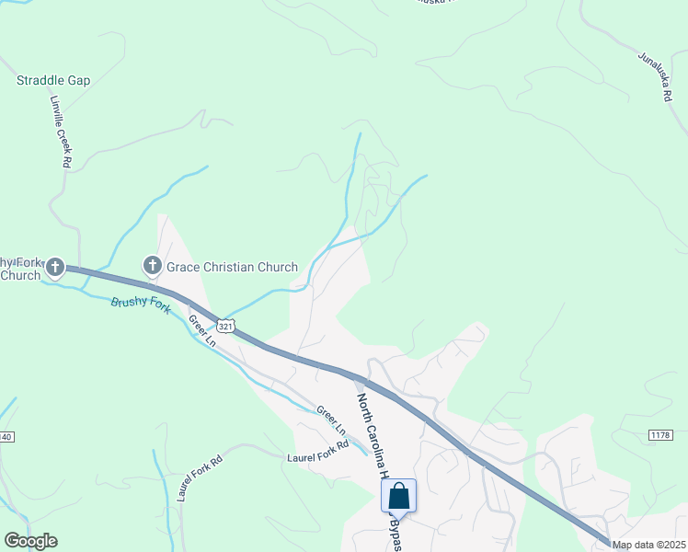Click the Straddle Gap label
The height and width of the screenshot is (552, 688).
(53, 81)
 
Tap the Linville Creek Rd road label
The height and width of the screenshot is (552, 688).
(61, 132)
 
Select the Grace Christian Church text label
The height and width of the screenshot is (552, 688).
(232, 268)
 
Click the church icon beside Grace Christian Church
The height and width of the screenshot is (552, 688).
(153, 266)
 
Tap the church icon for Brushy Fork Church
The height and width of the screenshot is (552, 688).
(54, 268)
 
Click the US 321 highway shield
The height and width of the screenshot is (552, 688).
(226, 326)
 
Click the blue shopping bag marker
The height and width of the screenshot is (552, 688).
(399, 497)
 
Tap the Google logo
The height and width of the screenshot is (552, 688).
(30, 541)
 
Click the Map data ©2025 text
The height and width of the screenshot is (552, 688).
(648, 545)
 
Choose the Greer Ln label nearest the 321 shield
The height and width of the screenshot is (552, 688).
(201, 331)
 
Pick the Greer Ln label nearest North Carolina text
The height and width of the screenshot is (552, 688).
(331, 420)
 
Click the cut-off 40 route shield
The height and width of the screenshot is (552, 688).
(6, 436)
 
